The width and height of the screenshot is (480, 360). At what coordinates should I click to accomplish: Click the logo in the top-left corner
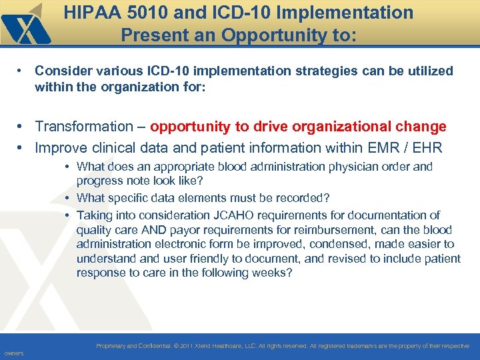(25, 23)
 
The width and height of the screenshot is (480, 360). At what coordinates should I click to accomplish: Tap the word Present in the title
(151, 34)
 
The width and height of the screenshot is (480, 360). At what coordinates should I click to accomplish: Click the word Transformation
(83, 127)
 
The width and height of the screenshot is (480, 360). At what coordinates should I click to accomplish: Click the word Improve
(63, 148)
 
